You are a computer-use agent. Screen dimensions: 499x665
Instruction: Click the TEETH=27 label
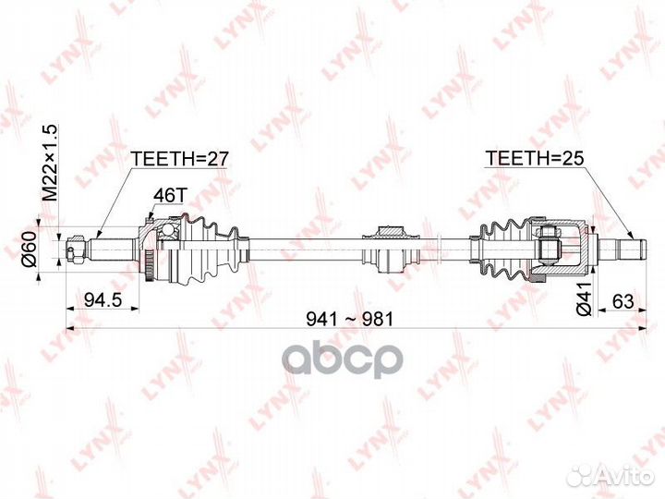tap(179, 158)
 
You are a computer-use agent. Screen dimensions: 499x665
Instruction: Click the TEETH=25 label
tap(535, 158)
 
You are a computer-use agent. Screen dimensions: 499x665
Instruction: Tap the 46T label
tap(168, 195)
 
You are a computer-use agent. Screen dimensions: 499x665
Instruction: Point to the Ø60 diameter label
tap(30, 249)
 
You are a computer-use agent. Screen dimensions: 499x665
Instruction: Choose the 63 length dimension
tap(623, 298)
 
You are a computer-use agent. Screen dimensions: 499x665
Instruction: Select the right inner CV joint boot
tap(500, 247)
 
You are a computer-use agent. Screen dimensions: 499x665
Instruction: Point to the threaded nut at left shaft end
tap(75, 248)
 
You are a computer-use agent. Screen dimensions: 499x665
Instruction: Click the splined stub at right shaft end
tap(621, 247)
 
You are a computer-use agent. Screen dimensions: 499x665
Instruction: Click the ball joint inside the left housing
tap(166, 237)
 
